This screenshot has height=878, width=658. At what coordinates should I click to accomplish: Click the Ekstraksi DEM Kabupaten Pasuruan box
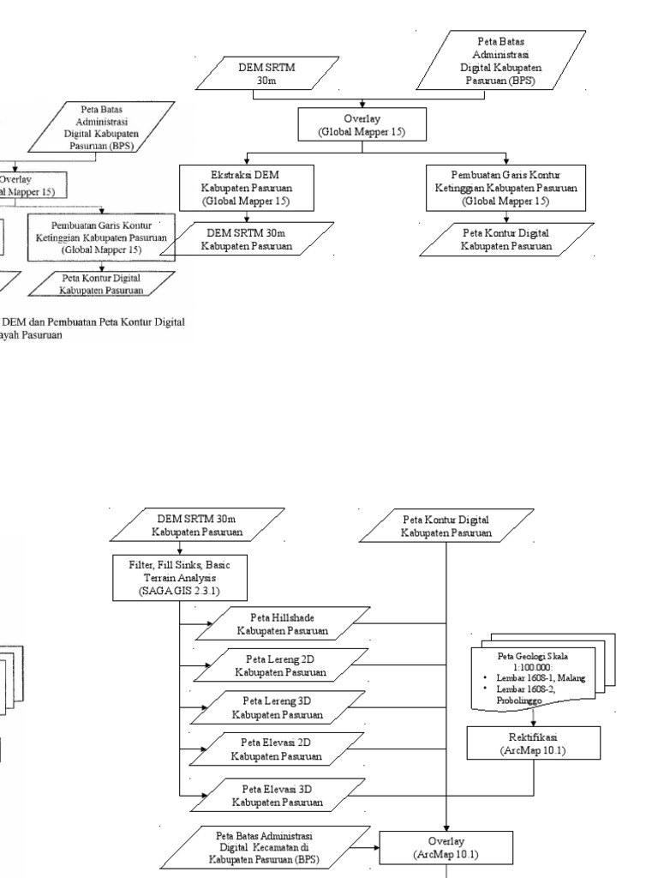(x=246, y=188)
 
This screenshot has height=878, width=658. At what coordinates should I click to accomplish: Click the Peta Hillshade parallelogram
(x=282, y=624)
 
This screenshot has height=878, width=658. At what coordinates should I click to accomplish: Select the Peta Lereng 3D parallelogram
(x=282, y=707)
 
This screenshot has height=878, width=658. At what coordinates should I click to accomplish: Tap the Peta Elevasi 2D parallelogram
(x=282, y=749)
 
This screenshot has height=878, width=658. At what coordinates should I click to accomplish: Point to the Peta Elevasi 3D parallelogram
(x=282, y=796)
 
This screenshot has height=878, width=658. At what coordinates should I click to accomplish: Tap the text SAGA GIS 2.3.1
(x=180, y=592)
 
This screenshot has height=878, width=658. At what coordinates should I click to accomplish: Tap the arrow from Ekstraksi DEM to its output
(x=246, y=217)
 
